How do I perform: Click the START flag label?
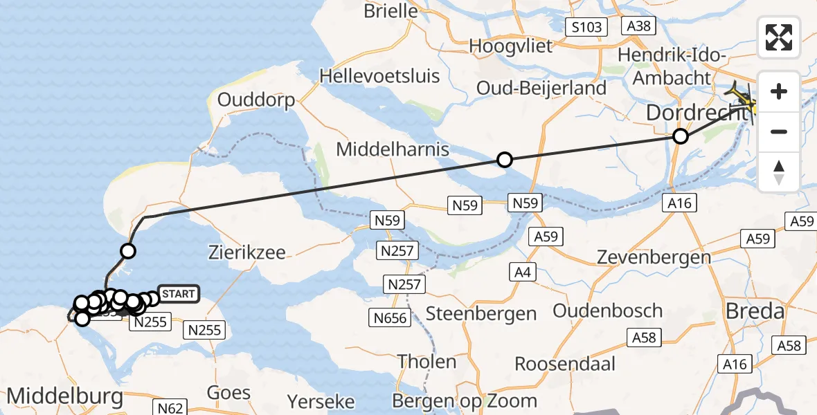coord(179,294)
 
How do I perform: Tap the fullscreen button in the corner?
coord(779,37)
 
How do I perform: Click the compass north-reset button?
coord(779,172)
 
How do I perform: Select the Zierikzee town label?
coord(246,252)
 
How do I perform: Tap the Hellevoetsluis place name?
coord(380,75)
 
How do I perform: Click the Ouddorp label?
coord(256,100)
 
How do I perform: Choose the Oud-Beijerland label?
coord(541,88)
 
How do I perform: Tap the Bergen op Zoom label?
coord(464,400)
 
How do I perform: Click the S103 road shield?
coord(586,28)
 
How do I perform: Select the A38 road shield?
coord(637,26)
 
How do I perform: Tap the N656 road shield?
coord(390,318)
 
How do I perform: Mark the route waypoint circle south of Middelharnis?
coord(505,160)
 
